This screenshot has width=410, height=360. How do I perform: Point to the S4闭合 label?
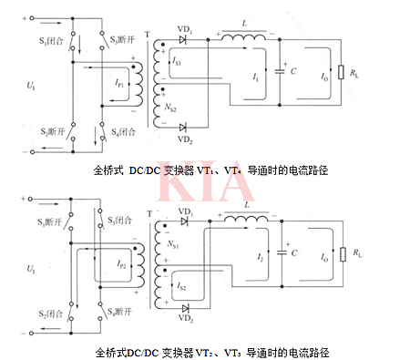123,132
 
